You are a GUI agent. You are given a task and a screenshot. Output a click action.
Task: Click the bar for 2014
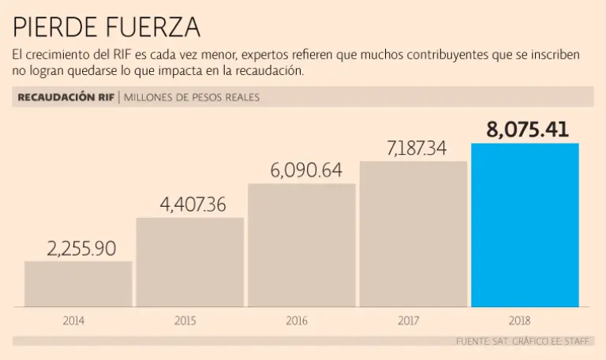(x=78, y=284)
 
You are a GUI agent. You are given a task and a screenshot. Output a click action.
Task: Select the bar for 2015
(x=190, y=262)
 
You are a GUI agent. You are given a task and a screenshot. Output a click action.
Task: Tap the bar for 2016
(x=301, y=246)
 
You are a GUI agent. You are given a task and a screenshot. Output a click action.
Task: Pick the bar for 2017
(x=413, y=234)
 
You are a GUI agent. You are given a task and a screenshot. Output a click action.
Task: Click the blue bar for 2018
(x=525, y=225)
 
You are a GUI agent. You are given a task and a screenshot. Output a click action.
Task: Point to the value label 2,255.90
(x=81, y=249)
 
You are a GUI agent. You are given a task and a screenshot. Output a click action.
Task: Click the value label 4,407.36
(x=193, y=204)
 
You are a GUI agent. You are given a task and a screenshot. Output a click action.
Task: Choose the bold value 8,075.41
(x=528, y=129)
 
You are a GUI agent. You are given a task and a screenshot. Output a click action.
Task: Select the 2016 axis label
(x=297, y=321)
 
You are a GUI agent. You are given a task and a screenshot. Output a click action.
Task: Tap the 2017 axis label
(x=408, y=321)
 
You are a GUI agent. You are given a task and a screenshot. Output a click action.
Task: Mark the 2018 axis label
(x=520, y=321)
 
